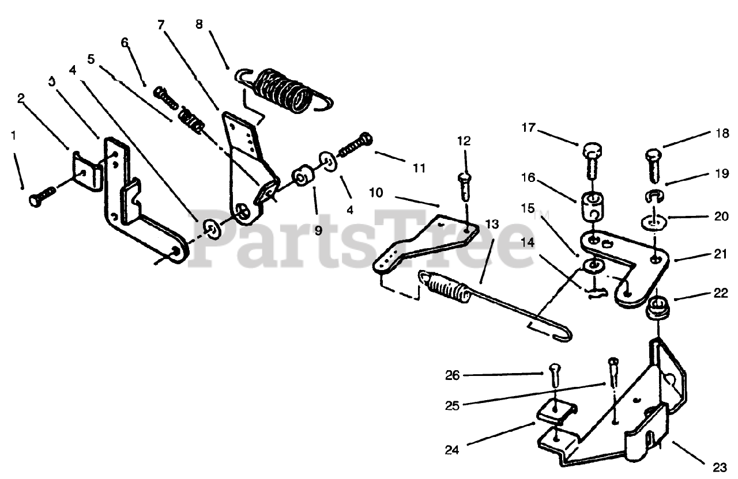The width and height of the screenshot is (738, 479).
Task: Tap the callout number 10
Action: (x=376, y=193)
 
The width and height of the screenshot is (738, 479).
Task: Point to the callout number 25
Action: (x=453, y=405)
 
